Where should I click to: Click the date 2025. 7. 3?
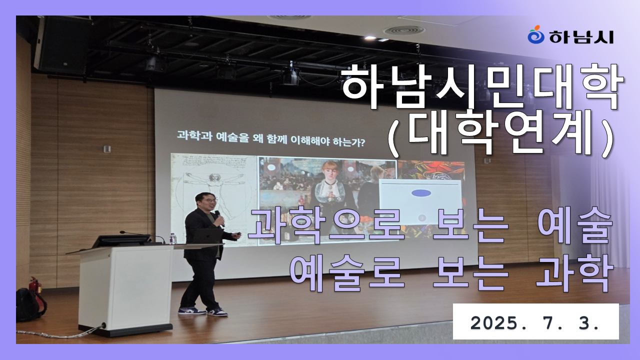pyautogui.click(x=535, y=323)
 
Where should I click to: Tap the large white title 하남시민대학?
pyautogui.click(x=482, y=86)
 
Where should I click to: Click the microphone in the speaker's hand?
pyautogui.click(x=219, y=217)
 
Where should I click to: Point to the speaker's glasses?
pyautogui.click(x=210, y=200)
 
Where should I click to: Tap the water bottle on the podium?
pyautogui.click(x=172, y=238)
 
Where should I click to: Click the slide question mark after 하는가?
pyautogui.click(x=362, y=142)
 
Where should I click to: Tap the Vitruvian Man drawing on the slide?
pyautogui.click(x=213, y=197)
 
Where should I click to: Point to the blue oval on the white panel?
pyautogui.click(x=421, y=193)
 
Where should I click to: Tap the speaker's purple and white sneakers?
pyautogui.click(x=203, y=311)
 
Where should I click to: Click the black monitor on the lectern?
pyautogui.click(x=121, y=241)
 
